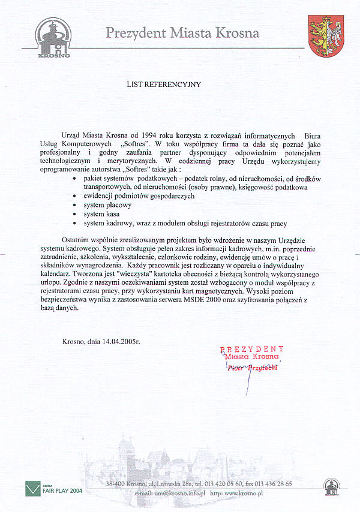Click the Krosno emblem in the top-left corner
coord(53,38)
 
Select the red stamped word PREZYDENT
coord(252,349)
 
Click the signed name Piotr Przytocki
coord(253,368)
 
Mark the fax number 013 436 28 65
coord(271,483)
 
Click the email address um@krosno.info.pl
coord(179,492)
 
